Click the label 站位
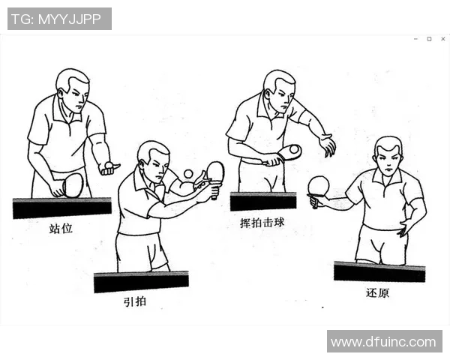tap(61, 228)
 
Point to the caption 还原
tap(377, 292)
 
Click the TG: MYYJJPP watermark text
tap(59, 19)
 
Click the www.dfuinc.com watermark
tap(383, 342)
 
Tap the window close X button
tap(442, 38)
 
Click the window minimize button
tap(416, 38)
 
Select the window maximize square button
tap(429, 38)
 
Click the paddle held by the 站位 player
tap(73, 184)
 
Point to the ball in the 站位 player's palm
tap(109, 163)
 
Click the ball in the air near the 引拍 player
tap(187, 174)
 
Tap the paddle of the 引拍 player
tap(215, 172)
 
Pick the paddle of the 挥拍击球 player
tap(289, 152)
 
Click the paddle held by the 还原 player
tap(319, 186)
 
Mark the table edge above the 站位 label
tap(61, 207)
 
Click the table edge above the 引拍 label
tap(141, 281)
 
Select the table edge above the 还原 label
tap(379, 271)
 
